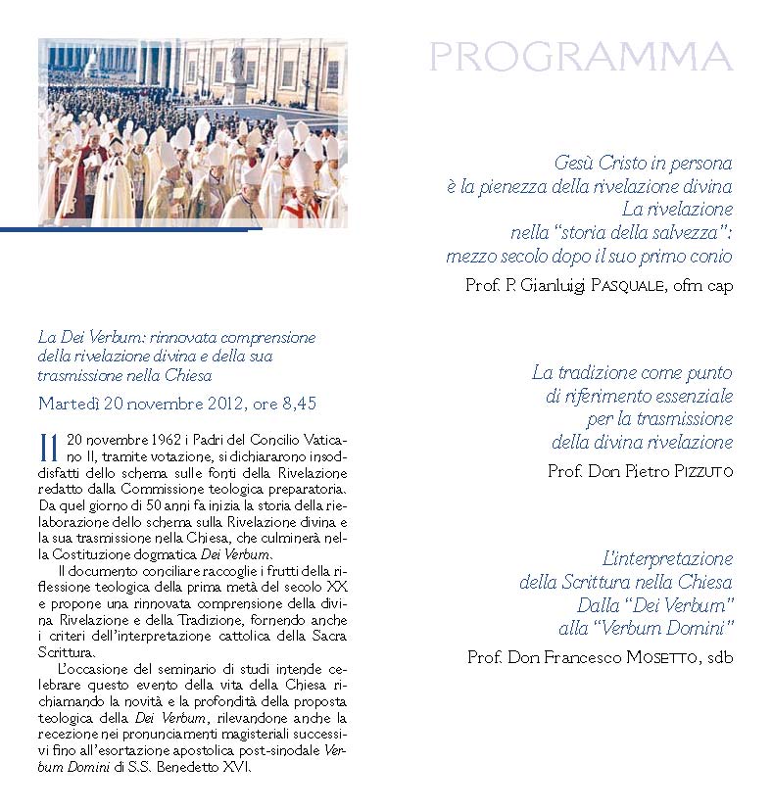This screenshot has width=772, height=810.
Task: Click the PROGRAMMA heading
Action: coord(581,58)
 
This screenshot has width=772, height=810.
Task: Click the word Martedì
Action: coord(66,403)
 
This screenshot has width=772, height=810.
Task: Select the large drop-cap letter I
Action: coord(49,446)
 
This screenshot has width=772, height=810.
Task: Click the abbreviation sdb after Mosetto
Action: coord(718,657)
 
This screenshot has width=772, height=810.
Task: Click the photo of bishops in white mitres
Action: coord(192,132)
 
